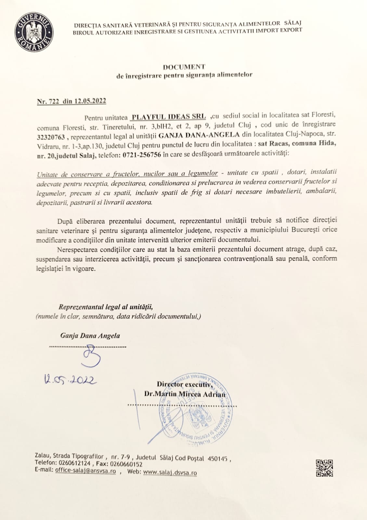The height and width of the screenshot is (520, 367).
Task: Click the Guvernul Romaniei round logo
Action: pos(34,32)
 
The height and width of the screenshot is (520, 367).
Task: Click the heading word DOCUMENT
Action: pos(184,67)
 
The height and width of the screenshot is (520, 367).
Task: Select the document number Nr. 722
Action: pos(48,101)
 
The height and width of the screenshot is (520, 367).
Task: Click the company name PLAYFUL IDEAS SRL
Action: pos(169,117)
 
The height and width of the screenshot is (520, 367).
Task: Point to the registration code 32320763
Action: pos(51,137)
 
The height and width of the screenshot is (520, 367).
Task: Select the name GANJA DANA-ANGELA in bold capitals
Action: pos(199,135)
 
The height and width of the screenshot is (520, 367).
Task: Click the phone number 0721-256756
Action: pos(142,155)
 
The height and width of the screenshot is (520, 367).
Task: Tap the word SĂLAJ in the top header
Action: pos(293,23)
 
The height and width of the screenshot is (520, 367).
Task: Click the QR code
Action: pos(324,468)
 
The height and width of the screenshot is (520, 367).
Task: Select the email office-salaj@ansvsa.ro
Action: pos(85,471)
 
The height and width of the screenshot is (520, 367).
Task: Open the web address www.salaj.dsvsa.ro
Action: pos(170,472)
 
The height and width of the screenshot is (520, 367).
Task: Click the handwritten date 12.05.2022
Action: pos(70,379)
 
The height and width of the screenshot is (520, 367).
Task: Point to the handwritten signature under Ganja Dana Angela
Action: pos(92,356)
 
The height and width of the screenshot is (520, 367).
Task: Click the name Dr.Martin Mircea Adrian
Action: pos(185,394)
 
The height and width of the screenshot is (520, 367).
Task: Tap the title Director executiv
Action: pos(185,384)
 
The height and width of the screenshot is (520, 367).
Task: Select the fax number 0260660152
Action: pos(126,464)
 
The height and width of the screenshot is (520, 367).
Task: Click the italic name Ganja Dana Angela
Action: pos(90,336)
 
